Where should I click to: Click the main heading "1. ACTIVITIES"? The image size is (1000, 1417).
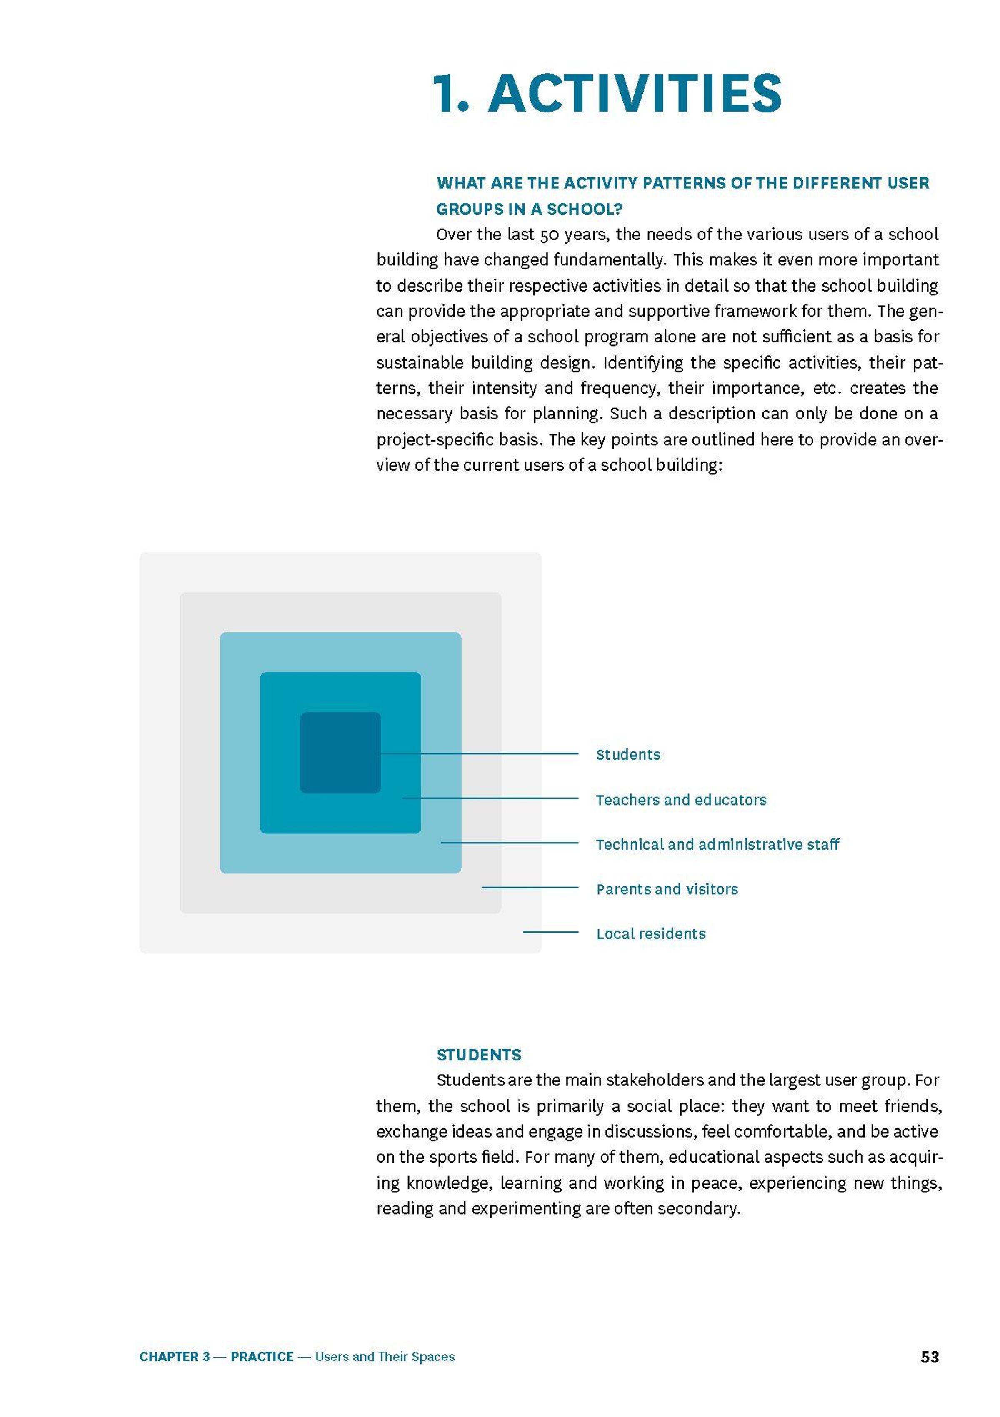pos(607,94)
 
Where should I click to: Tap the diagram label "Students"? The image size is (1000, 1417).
pos(628,755)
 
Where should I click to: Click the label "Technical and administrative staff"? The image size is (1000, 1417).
pos(717,844)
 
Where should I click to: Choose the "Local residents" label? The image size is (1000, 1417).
pos(650,934)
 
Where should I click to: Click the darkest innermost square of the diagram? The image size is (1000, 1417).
pos(340,752)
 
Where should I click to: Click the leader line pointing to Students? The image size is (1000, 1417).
pos(494,753)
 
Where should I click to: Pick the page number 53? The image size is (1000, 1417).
pos(930,1357)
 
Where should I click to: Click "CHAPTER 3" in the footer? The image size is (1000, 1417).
pos(174,1357)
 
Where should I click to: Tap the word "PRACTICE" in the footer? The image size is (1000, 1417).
pos(262,1357)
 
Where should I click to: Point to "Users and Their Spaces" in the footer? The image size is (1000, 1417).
pos(385,1357)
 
